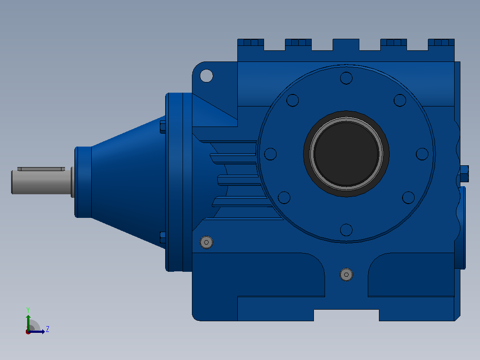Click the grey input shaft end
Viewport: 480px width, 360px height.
point(42,182)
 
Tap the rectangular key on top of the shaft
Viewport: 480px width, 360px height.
point(41,169)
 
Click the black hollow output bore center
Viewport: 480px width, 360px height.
point(346,154)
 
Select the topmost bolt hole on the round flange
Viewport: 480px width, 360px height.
point(346,78)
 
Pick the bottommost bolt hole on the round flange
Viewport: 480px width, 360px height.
point(346,230)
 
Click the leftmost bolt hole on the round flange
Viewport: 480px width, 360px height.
point(270,154)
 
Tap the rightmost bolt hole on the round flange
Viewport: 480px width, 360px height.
point(422,154)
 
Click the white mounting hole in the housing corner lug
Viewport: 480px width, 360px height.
point(206,76)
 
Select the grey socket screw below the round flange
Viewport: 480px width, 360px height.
point(346,274)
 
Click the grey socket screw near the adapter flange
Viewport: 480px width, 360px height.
point(206,242)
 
